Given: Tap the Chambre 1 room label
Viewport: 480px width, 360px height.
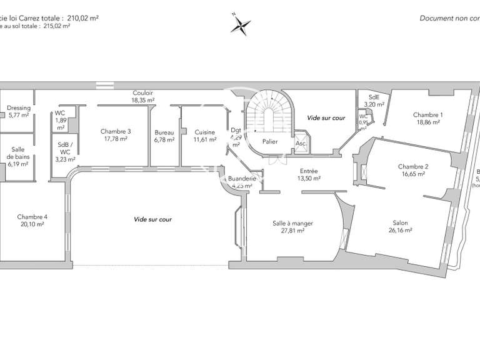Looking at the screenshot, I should (428, 114).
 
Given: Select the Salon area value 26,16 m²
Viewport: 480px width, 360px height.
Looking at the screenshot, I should (401, 231).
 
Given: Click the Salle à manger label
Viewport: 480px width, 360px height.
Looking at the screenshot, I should (292, 223).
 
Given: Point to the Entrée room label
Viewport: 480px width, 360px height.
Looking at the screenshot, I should (309, 171).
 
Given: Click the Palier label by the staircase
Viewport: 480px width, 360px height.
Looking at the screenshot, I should (270, 142).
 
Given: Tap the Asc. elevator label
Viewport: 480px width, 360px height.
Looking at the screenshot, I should (300, 142).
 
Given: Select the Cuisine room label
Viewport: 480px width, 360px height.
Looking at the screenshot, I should (205, 132).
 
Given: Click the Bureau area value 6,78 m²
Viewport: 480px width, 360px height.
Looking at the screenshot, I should (164, 139).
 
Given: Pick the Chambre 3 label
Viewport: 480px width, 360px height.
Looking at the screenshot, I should (116, 131).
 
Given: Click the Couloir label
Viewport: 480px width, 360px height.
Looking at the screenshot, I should (142, 92).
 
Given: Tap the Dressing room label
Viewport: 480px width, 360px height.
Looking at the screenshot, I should (19, 108).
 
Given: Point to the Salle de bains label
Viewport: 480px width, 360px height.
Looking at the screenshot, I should (18, 153).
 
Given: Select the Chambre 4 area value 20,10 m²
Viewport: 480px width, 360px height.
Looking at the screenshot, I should (32, 224).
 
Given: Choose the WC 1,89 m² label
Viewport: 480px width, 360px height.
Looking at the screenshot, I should (61, 119).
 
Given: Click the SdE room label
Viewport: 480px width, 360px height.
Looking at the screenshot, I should (374, 97).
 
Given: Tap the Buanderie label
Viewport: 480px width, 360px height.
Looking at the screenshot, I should (240, 178).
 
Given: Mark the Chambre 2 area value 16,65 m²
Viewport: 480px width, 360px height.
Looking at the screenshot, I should (413, 174).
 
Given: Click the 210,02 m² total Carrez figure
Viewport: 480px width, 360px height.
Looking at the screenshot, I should (83, 17).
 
